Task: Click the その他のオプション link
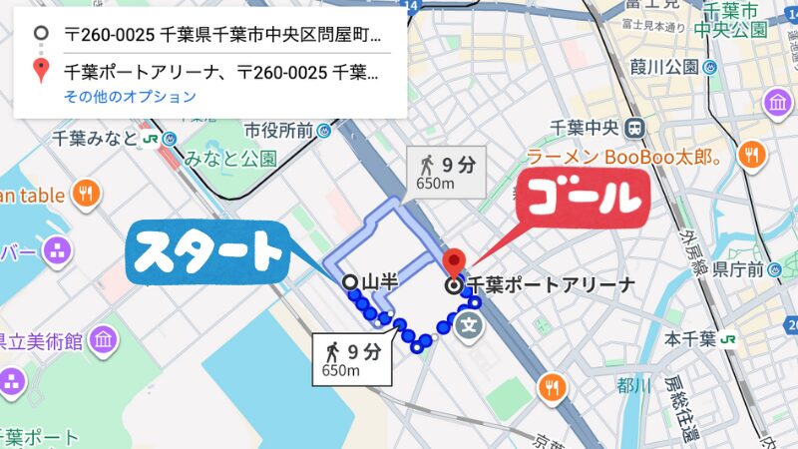(131, 97)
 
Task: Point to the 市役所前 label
(279, 130)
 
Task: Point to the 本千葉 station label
(692, 338)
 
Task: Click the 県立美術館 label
(40, 342)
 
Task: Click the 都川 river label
(633, 385)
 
